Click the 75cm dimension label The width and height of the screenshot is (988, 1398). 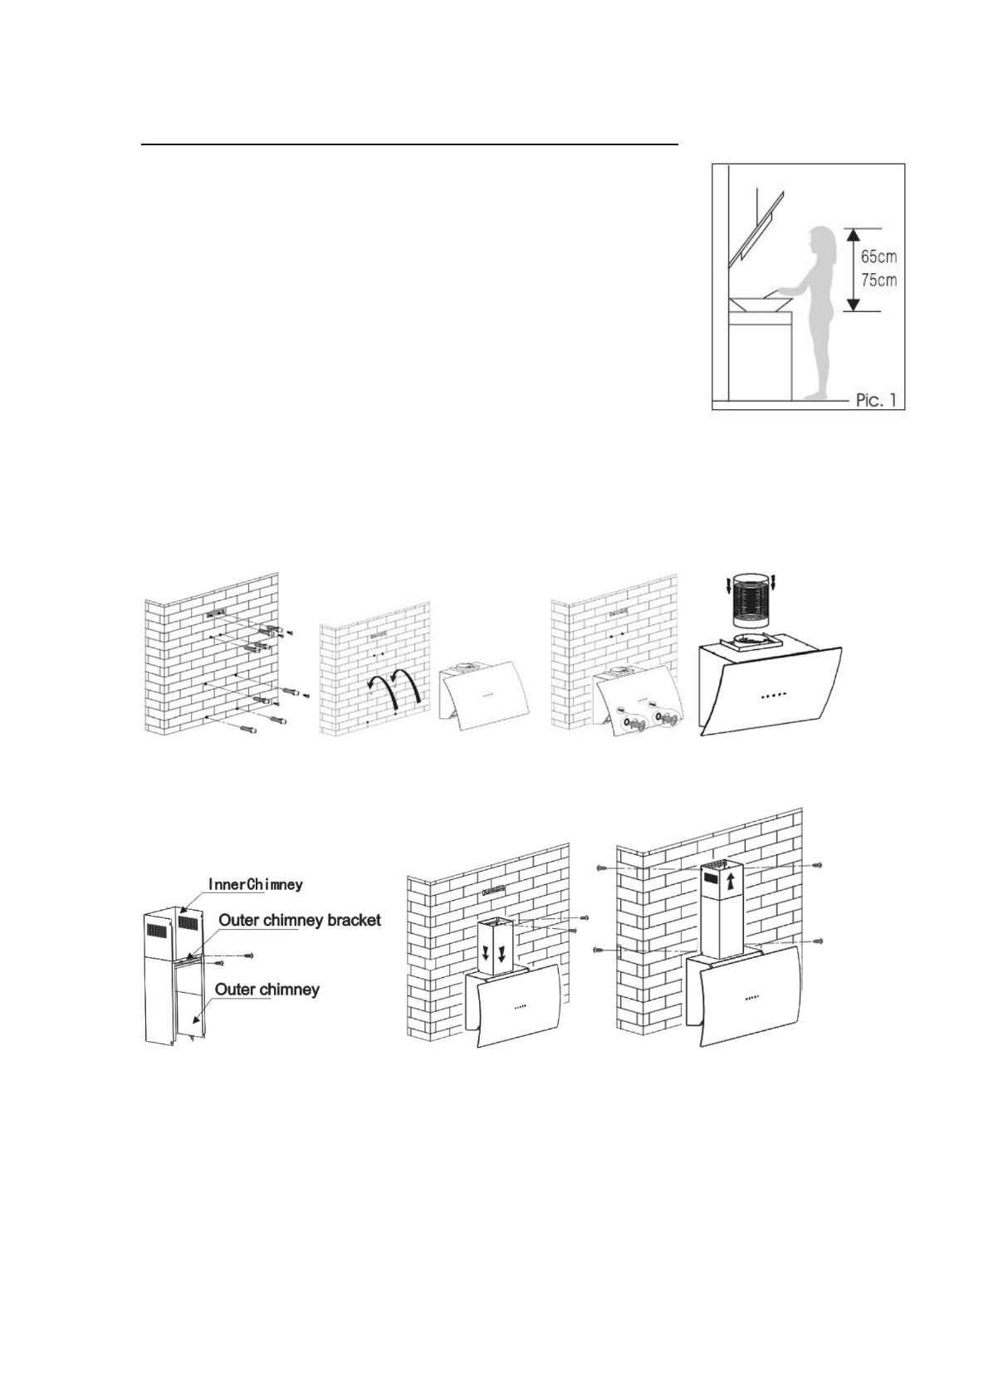878,280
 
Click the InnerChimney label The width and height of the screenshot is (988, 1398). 255,884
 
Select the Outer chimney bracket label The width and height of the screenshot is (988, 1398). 300,920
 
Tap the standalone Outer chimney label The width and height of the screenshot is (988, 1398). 267,989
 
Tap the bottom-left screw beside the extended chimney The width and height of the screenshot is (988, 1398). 599,949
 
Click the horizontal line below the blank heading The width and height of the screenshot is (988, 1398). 410,144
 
